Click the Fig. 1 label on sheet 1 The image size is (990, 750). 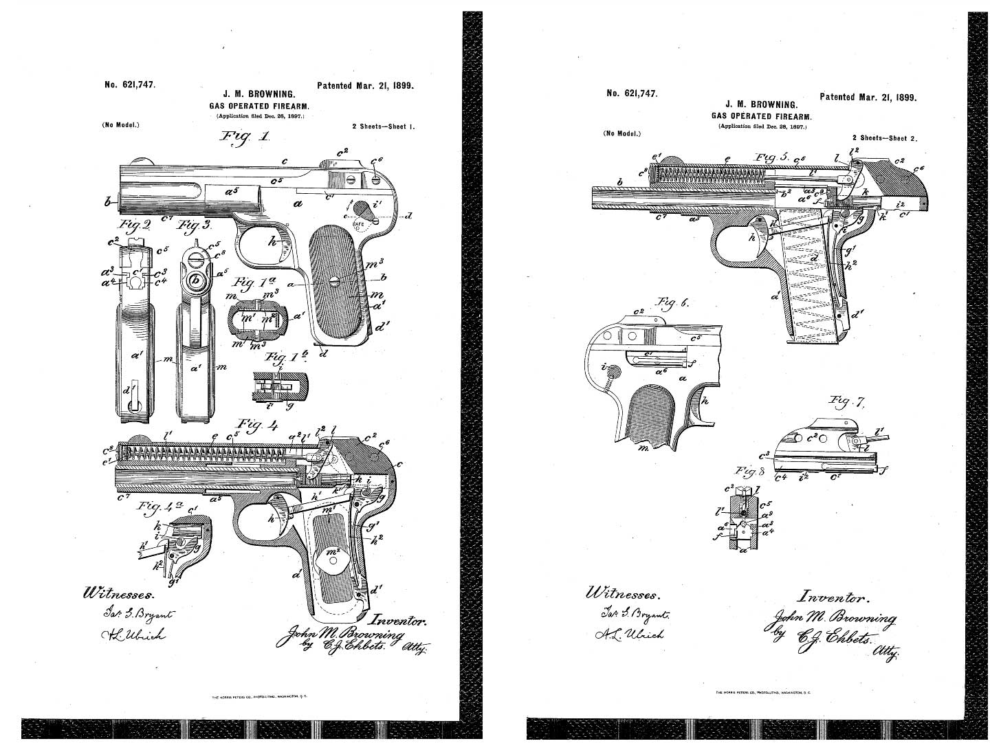[x=244, y=138]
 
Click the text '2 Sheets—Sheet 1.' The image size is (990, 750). [x=383, y=127]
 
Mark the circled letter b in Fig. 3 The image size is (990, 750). [x=196, y=280]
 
